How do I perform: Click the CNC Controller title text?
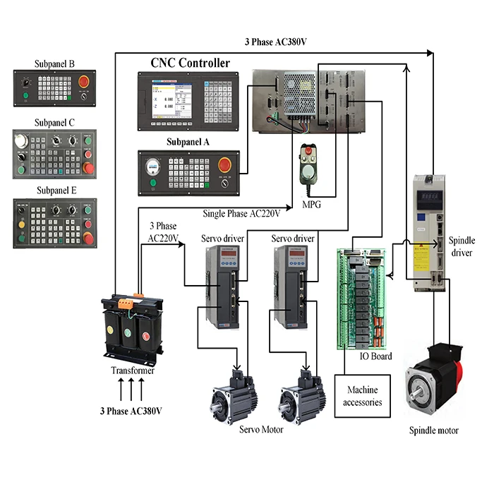pos(190,63)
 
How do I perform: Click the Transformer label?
pos(132,370)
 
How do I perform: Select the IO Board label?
pos(375,356)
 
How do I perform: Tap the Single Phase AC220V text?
pos(241,212)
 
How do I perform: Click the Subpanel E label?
pos(54,190)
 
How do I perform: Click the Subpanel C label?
pos(54,122)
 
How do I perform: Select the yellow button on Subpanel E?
pos(22,224)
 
